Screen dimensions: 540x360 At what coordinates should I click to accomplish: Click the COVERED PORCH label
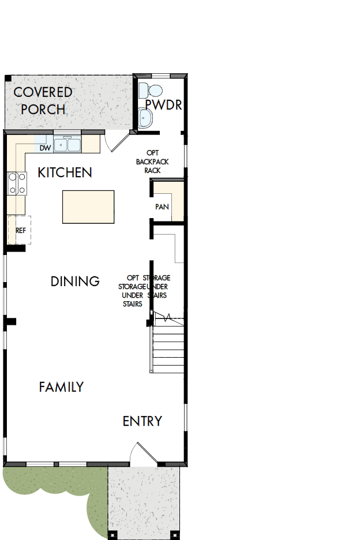43,100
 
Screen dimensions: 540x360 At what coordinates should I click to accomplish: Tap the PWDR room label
163,104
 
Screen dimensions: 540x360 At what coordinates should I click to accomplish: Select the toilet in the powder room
153,91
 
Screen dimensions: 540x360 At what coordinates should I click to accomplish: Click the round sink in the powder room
146,118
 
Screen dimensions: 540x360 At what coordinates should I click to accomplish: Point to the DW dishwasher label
46,148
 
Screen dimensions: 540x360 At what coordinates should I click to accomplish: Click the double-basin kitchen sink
67,144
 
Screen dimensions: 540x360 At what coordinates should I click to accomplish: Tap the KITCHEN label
65,172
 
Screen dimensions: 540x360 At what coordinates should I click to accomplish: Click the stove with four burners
17,183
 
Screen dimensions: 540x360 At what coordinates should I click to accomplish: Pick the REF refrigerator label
21,230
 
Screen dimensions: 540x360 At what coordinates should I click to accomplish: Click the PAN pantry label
162,207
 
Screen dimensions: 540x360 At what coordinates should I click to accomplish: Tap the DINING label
75,282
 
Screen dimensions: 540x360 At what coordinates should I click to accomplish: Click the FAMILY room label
61,387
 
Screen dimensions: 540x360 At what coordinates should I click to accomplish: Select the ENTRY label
142,421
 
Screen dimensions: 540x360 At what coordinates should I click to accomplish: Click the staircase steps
168,350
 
